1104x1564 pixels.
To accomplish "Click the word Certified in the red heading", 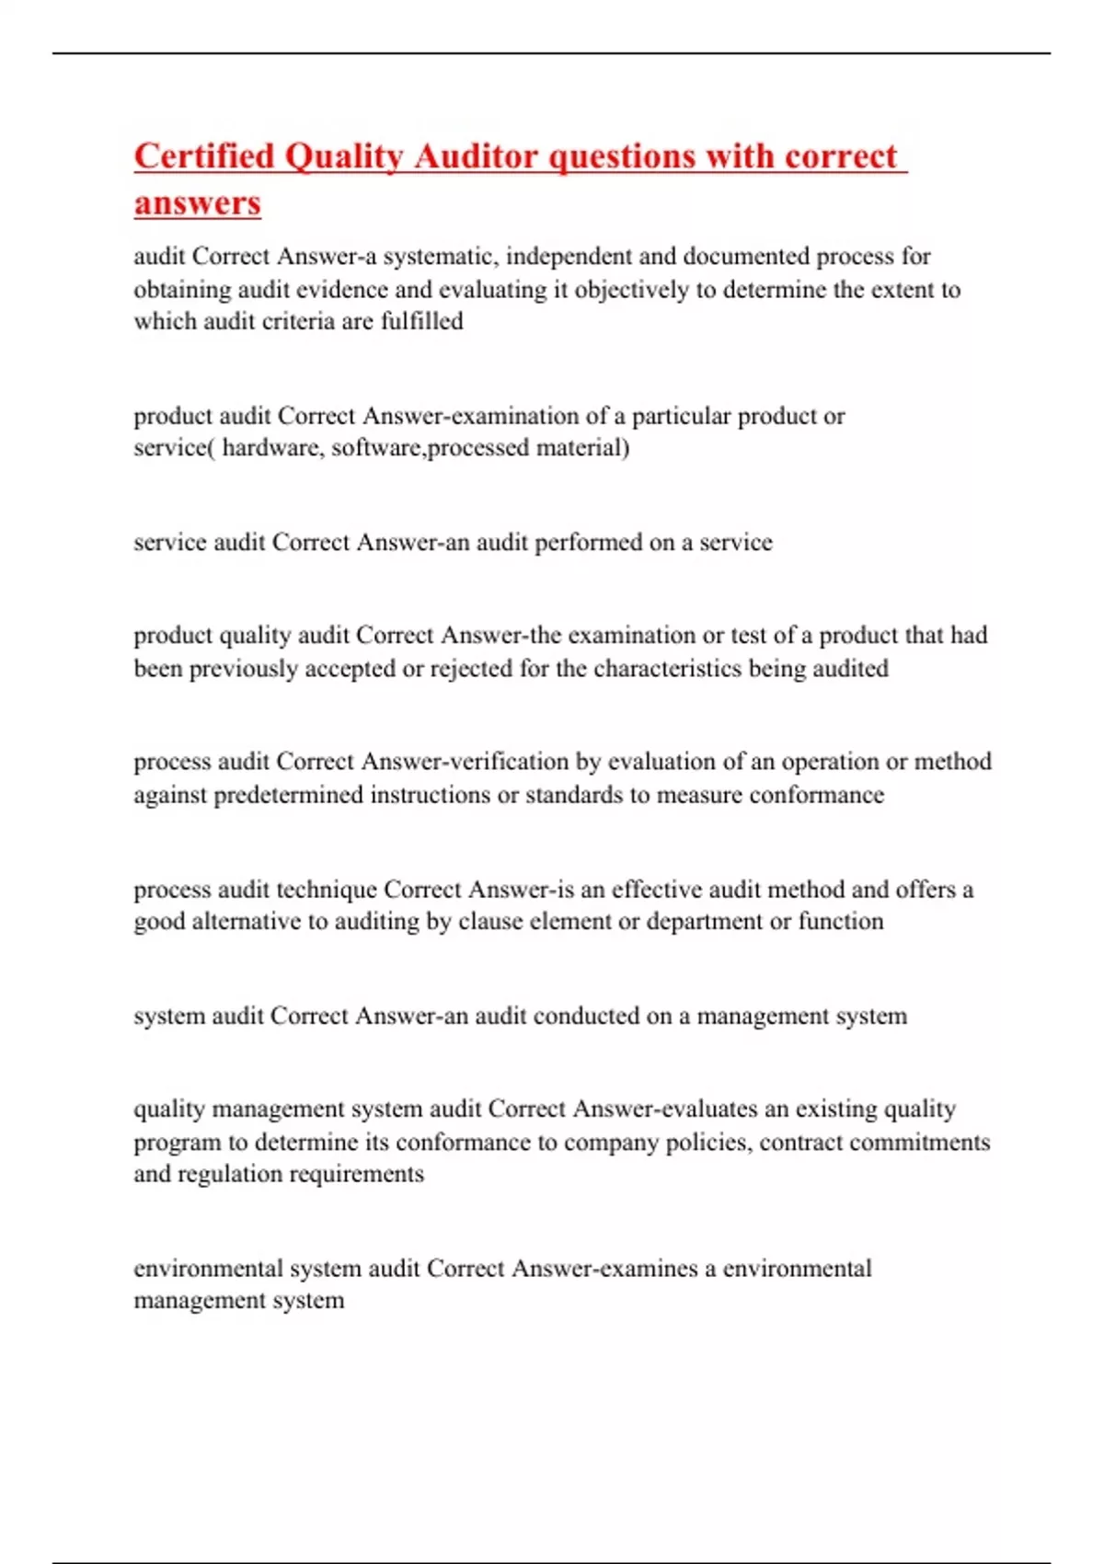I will [x=204, y=156].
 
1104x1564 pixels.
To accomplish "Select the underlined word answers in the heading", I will [x=197, y=202].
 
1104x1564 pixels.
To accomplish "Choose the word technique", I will [x=327, y=890].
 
